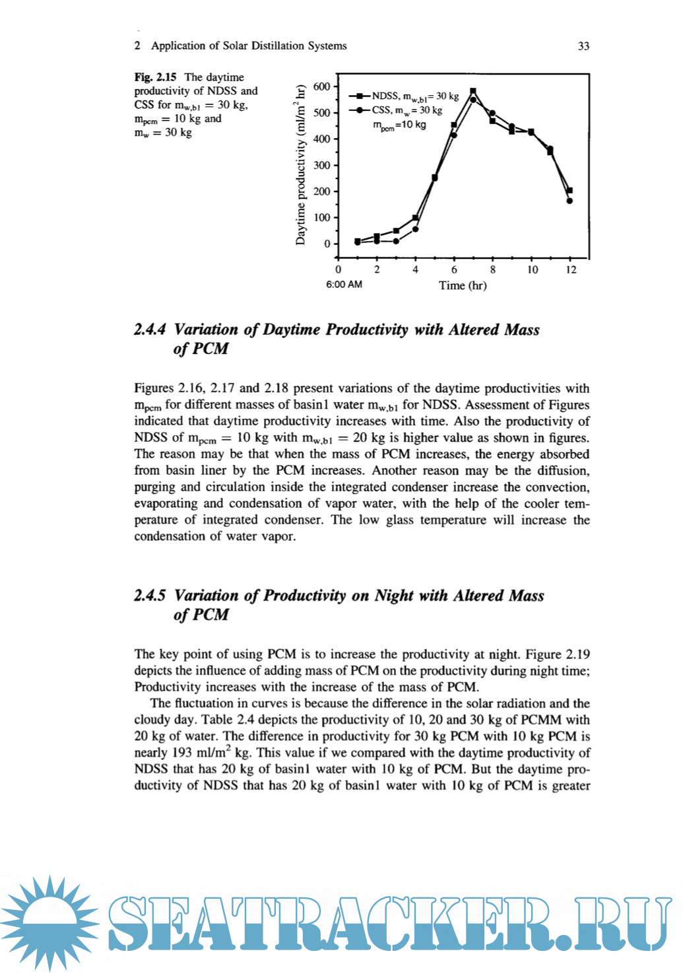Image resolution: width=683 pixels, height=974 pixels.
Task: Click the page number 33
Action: pos(583,46)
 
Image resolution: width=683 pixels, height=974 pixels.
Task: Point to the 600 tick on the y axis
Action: pos(321,87)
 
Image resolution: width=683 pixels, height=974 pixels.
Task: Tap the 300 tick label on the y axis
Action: pos(321,165)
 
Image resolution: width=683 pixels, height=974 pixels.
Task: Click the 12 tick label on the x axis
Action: pos(571,269)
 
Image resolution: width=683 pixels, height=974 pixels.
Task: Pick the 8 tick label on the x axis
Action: pos(493,269)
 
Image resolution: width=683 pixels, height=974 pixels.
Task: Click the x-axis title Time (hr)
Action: pos(463,285)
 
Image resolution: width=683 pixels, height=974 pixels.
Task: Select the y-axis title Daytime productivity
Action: pos(301,165)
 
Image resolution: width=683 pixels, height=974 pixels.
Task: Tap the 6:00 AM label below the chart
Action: pos(344,285)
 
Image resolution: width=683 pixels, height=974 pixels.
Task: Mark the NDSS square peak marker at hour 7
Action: pos(472,91)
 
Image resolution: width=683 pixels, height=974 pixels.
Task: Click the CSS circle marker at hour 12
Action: pos(569,201)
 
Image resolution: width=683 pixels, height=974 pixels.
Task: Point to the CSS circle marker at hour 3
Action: pos(396,241)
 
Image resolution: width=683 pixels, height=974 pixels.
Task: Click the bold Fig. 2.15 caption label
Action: pos(155,77)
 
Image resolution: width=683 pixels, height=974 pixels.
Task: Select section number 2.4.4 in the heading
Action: pos(150,330)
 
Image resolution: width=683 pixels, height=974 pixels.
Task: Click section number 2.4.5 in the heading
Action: pos(150,596)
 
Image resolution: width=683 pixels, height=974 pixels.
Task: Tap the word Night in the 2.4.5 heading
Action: pos(394,596)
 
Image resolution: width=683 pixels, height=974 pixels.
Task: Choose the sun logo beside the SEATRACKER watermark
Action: pos(50,922)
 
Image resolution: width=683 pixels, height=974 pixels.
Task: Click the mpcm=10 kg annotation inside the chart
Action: pos(399,125)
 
